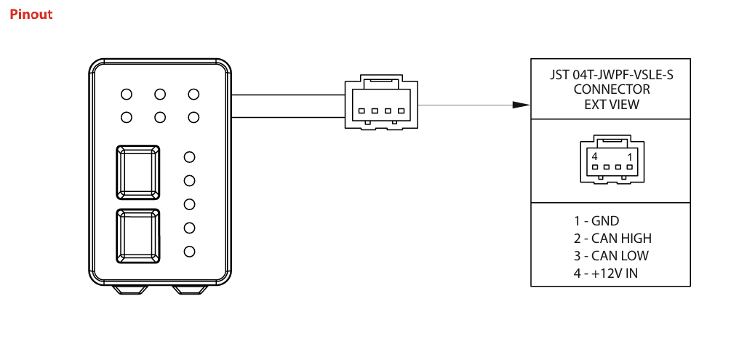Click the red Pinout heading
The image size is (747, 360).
coord(31,14)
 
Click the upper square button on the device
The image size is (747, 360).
coord(138,172)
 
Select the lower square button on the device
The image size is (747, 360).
coord(138,236)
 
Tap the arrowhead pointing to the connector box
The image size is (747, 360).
coord(520,105)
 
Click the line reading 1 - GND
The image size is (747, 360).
coord(596,221)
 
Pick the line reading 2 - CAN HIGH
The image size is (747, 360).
coord(612,239)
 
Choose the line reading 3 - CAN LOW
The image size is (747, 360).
coord(610,256)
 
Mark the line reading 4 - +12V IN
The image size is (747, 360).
coord(605,273)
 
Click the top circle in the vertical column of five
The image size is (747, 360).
coord(191,156)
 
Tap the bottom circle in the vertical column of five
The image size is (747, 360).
coord(191,252)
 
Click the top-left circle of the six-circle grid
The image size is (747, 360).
coord(127,94)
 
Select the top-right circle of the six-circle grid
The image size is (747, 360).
coord(193,94)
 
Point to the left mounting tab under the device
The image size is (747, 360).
coord(132,289)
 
